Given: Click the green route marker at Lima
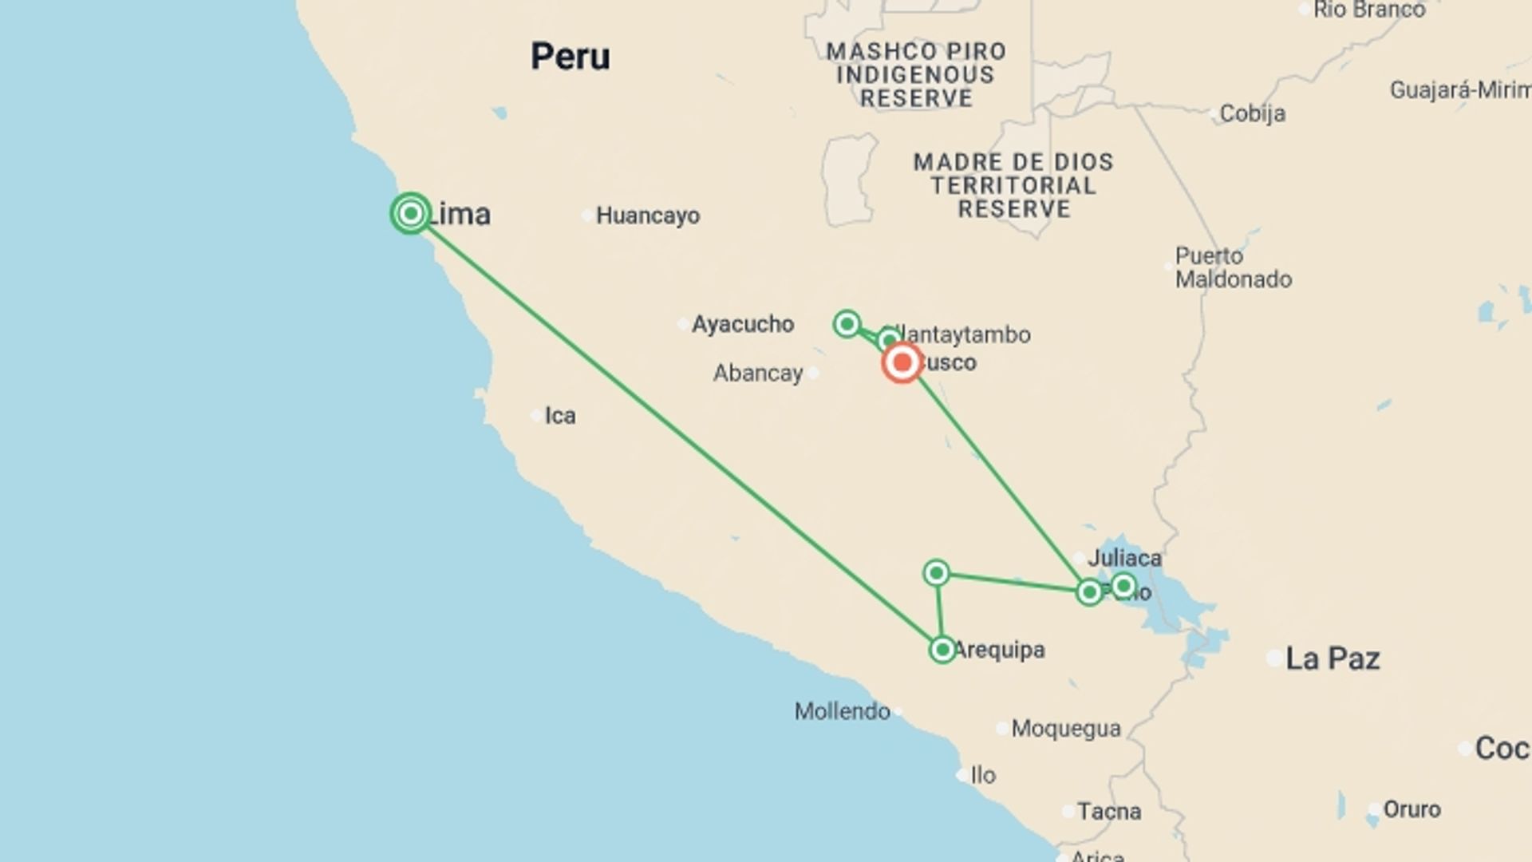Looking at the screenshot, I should [411, 213].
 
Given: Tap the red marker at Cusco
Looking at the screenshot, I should [902, 363].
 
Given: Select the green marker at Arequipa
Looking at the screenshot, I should [942, 650].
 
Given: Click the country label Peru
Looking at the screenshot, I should [571, 57].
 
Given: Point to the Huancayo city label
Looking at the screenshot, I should [647, 215].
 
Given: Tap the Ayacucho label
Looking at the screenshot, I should [742, 324].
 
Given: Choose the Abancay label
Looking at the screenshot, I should [758, 373].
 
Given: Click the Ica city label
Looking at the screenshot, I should [559, 416].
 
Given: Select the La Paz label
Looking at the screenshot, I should [1333, 658].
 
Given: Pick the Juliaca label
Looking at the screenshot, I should [1124, 558].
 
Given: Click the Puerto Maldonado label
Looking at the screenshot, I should [1233, 267].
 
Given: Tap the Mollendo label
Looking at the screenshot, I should [842, 711].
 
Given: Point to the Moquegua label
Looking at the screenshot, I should [1066, 729].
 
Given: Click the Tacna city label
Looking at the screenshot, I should [1109, 812].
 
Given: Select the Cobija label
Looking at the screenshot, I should [1252, 113].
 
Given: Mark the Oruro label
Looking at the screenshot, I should [1412, 809].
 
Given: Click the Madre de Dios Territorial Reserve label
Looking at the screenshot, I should [1013, 185].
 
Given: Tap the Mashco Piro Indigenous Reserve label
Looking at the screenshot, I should [916, 75].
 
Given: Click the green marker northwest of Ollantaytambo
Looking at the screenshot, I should [847, 323].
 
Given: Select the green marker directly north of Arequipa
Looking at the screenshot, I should [937, 572].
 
